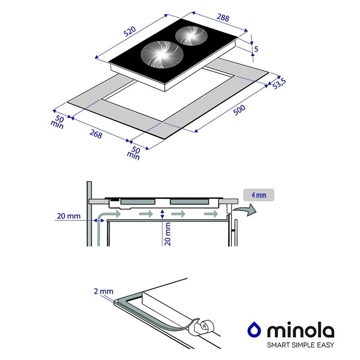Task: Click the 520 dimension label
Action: (130, 31)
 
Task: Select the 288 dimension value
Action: (223, 17)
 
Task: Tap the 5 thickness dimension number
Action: (256, 49)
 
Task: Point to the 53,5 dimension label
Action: (279, 84)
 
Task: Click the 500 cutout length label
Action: (239, 110)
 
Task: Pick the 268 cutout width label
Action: (96, 134)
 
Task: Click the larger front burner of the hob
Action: (162, 55)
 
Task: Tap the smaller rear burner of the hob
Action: (191, 36)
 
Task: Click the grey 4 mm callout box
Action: (259, 195)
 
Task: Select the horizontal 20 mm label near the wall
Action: (69, 216)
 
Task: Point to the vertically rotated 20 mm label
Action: (168, 234)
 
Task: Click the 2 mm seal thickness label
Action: (104, 291)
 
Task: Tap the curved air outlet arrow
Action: (245, 210)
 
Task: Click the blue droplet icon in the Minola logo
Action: (254, 329)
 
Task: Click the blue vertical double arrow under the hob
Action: (162, 214)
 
